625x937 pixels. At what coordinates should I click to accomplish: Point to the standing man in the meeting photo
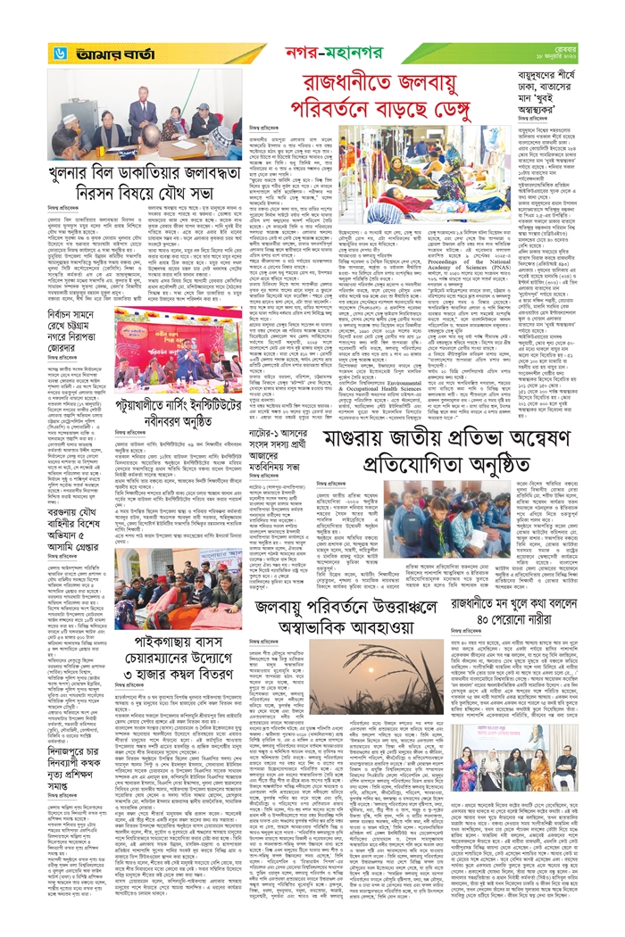click(x=143, y=111)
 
